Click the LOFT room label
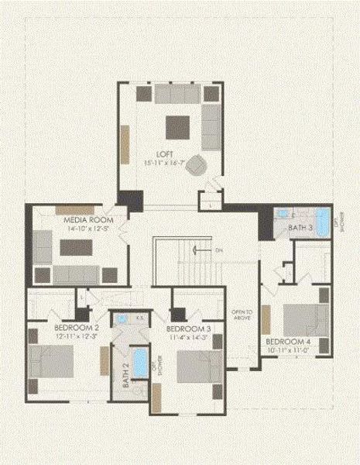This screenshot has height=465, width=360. tap(163, 153)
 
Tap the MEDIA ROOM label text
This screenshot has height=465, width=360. tap(76, 221)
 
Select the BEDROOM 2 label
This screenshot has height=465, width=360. tap(76, 329)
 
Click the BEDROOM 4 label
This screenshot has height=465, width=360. tap(287, 342)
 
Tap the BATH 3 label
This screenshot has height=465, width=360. tap(300, 228)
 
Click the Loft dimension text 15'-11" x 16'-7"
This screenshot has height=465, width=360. tap(163, 163)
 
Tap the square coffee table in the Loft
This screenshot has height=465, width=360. tap(177, 126)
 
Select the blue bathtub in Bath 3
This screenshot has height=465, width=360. tap(321, 216)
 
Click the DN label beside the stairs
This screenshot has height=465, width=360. tap(219, 250)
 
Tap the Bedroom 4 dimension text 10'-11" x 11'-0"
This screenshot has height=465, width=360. tap(288, 350)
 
